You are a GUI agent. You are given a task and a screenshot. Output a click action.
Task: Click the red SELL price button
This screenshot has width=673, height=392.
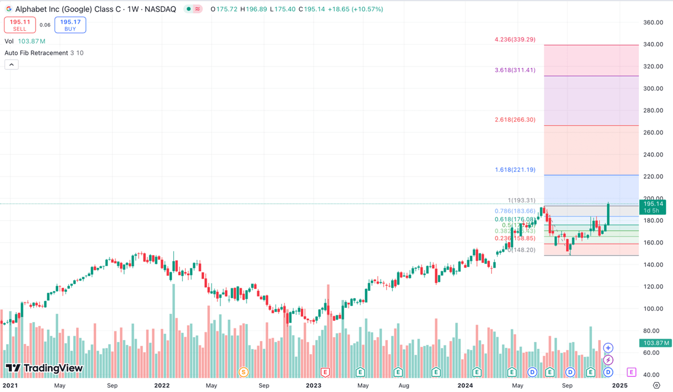point(20,25)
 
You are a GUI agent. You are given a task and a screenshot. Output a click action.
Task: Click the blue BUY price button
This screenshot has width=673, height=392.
point(70,25)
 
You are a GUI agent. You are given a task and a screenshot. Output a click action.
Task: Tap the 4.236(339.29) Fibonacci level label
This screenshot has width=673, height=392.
point(515,40)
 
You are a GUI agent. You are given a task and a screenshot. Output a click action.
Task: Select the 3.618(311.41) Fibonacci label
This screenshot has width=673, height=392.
point(515,70)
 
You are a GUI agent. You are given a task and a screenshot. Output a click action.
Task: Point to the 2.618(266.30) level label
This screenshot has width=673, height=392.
point(515,120)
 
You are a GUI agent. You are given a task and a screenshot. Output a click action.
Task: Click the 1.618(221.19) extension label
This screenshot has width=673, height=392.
point(515,170)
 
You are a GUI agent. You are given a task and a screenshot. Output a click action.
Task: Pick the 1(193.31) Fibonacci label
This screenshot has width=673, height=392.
point(521,201)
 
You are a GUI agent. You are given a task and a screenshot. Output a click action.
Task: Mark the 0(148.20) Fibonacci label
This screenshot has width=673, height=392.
point(521,250)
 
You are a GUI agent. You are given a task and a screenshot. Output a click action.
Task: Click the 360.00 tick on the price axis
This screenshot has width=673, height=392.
point(653,22)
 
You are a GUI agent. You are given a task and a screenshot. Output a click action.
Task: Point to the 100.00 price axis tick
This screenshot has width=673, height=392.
point(653,309)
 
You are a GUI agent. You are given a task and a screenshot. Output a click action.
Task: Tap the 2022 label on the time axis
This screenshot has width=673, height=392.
point(162,385)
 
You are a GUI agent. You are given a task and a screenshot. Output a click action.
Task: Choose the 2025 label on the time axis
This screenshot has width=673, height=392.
point(619,385)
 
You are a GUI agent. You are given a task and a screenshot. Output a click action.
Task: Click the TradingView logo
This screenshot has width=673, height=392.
point(44,368)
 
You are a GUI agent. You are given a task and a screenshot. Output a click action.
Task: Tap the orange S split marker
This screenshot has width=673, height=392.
point(243,372)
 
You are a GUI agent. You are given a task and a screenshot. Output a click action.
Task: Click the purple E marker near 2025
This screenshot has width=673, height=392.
point(631,372)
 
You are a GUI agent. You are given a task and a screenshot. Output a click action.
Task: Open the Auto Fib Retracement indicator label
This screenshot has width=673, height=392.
point(36,53)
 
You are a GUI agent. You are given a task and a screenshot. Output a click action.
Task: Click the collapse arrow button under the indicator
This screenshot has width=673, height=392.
point(12,64)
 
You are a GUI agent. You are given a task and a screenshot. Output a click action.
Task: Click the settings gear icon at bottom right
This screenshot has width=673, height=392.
point(656,385)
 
